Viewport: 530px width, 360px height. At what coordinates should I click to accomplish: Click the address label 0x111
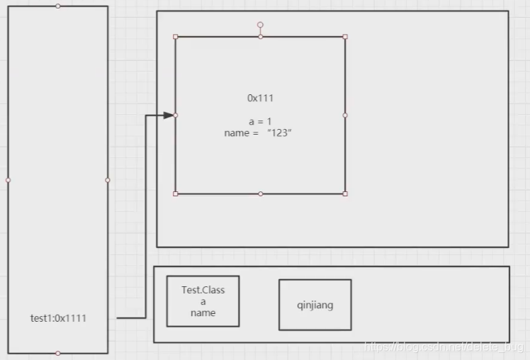260,98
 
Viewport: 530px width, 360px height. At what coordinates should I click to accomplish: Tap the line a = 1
260,122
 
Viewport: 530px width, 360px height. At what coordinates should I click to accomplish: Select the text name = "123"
258,133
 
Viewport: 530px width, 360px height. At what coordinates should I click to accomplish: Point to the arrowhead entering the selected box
169,115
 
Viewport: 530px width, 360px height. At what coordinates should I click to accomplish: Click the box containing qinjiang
315,305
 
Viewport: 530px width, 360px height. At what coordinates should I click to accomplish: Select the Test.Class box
203,301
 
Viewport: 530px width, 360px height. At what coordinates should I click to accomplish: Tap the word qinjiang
315,305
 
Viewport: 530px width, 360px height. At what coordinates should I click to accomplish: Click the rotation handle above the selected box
260,25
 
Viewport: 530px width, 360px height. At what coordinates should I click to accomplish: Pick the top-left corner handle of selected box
176,36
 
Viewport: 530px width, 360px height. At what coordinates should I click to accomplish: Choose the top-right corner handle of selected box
345,36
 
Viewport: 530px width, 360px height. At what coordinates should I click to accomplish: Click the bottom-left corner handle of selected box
176,193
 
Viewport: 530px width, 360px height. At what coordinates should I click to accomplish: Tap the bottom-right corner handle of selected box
345,193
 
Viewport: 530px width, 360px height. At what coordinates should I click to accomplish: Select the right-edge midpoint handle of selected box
345,115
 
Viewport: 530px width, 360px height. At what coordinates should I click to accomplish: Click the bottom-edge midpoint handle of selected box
260,193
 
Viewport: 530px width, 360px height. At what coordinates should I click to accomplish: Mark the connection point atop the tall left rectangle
58,6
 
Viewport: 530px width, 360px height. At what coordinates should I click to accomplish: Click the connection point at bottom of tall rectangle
58,353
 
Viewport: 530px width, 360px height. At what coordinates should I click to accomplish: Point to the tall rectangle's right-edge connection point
108,180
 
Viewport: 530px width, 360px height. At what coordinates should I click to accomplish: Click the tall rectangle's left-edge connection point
9,180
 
